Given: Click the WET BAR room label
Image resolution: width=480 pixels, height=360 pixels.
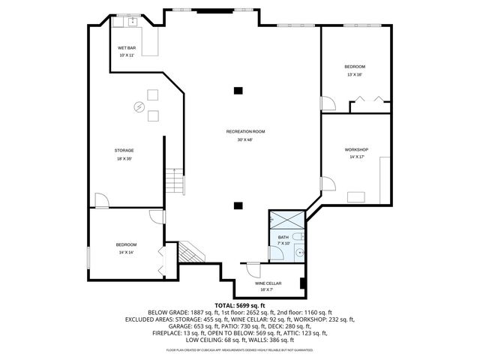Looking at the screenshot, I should [126, 47].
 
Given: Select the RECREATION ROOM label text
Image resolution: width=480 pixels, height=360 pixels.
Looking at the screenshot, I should [245, 131].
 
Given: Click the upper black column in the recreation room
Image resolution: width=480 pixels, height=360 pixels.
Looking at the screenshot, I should [238, 91].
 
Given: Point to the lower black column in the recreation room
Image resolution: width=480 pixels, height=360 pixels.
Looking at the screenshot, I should [238, 204].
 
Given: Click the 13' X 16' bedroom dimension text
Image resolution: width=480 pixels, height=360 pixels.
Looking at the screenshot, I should [355, 74].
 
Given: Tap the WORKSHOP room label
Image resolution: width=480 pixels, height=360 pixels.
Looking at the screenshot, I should [356, 150].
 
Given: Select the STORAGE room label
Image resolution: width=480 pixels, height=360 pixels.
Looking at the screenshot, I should [124, 150].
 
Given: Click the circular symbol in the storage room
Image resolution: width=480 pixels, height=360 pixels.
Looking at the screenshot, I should [138, 107].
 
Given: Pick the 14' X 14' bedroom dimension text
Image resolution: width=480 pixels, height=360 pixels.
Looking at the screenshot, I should [126, 253].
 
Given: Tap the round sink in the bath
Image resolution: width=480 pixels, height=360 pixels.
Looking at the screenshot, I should [298, 253].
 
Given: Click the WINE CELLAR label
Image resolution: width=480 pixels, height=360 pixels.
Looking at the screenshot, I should [268, 283].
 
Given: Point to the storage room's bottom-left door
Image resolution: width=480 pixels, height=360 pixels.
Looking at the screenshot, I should [101, 200].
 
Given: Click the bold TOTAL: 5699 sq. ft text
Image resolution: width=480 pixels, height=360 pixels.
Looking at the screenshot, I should [240, 305].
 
